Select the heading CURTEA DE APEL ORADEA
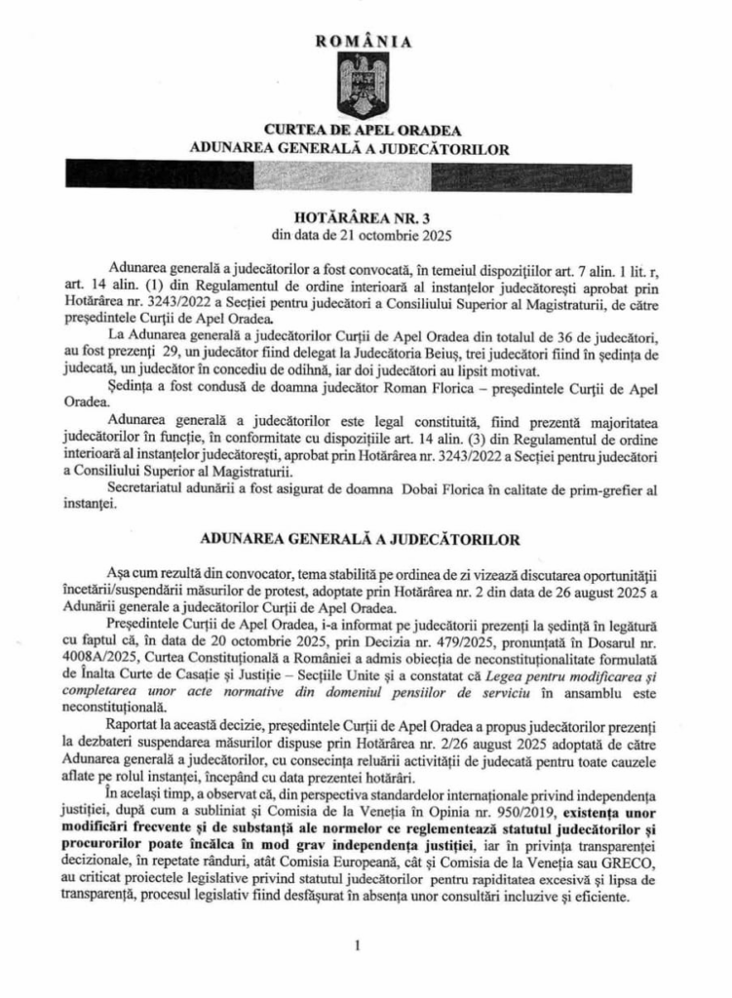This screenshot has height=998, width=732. tap(365, 131)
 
